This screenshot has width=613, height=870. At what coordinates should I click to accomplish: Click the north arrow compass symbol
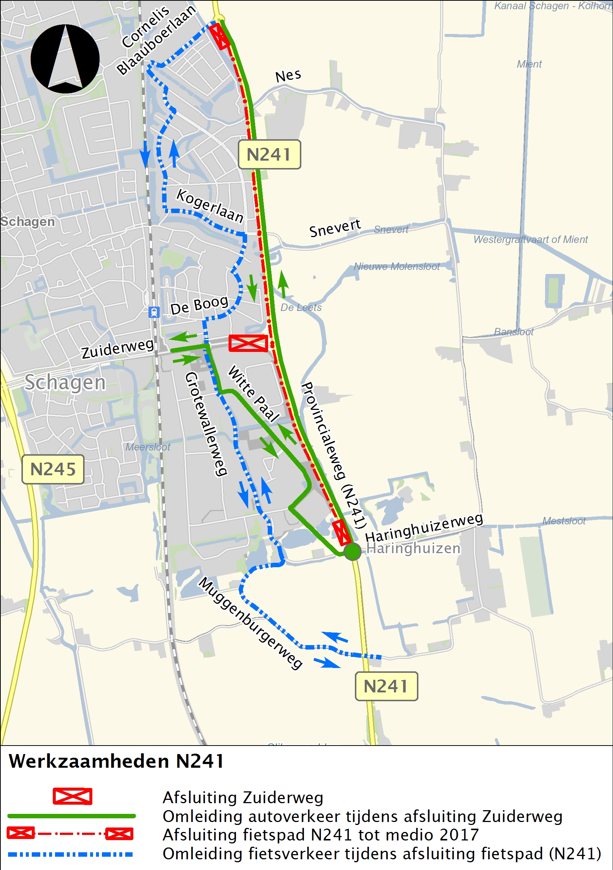coord(65,59)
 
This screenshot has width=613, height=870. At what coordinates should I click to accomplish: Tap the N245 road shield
coord(53,469)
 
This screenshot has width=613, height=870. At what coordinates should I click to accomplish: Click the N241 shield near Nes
coord(269,154)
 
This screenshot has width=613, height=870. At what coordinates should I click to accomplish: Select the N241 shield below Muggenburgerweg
coord(386,686)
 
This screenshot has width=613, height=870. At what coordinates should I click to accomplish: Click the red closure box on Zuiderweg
coord(248,343)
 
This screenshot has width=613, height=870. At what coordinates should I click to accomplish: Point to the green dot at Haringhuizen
coord(352,551)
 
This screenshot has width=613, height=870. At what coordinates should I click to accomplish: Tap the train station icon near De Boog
coord(154,312)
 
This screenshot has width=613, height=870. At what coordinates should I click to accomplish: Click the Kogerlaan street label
coord(210,206)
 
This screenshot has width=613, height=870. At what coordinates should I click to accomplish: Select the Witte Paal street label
coord(253,393)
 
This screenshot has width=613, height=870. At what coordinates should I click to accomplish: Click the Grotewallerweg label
coord(206,424)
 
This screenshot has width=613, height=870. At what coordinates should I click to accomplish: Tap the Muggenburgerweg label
coord(250,623)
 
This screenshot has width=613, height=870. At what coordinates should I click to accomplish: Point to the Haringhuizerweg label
coord(424,527)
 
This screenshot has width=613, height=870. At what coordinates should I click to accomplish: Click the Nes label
coord(288,76)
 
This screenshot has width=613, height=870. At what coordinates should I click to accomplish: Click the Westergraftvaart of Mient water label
coord(530,240)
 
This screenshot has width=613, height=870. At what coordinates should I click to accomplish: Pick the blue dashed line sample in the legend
coord(71,854)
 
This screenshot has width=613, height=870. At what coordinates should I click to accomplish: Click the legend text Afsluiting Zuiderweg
coord(243,797)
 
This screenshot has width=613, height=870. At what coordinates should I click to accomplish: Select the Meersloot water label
coord(148,447)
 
